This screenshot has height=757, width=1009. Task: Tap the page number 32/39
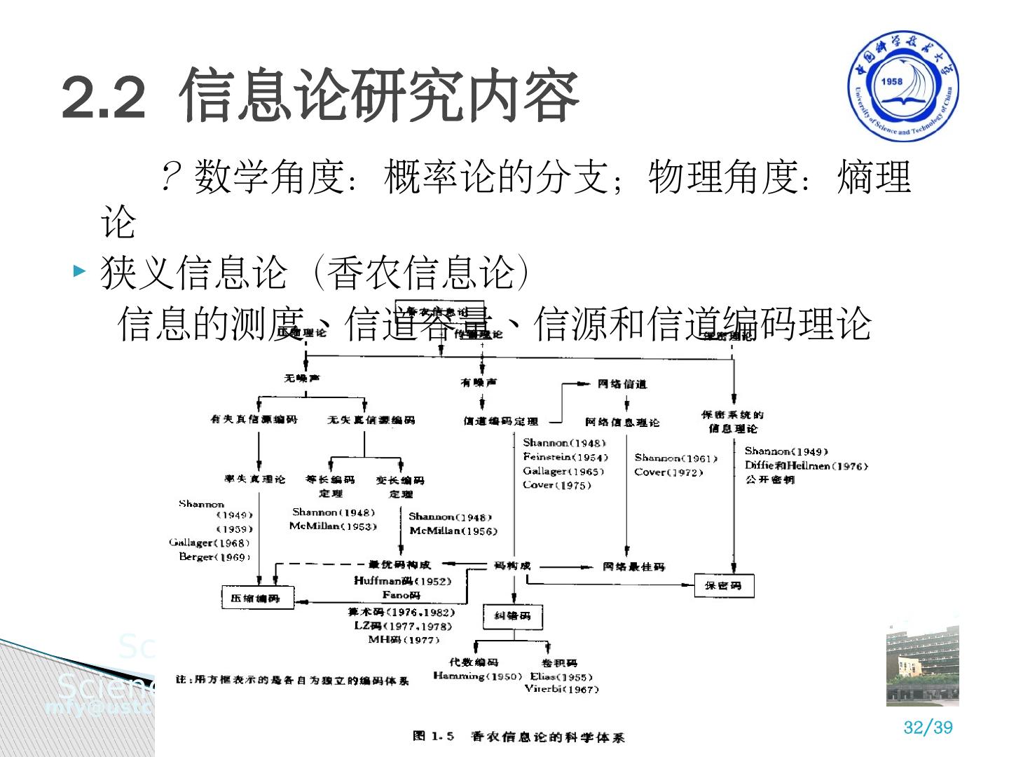point(928,727)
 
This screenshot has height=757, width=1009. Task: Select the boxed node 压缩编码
point(257,598)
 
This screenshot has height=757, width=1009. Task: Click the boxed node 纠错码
point(512,615)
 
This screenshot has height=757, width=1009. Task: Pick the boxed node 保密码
point(724,585)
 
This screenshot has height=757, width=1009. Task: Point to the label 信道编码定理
point(501,421)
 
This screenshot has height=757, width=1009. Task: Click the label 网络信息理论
point(622,422)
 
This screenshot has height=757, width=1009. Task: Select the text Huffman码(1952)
point(402,580)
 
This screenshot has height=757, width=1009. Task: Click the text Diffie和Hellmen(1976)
point(806,465)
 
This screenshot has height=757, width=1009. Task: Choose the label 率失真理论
point(255,479)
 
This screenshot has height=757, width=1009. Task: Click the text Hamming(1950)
point(477,676)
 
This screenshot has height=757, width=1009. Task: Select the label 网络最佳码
point(633,566)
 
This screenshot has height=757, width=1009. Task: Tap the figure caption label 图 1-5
point(434,736)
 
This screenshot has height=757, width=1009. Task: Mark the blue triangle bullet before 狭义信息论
point(80,271)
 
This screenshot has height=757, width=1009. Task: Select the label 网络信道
point(622,383)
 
